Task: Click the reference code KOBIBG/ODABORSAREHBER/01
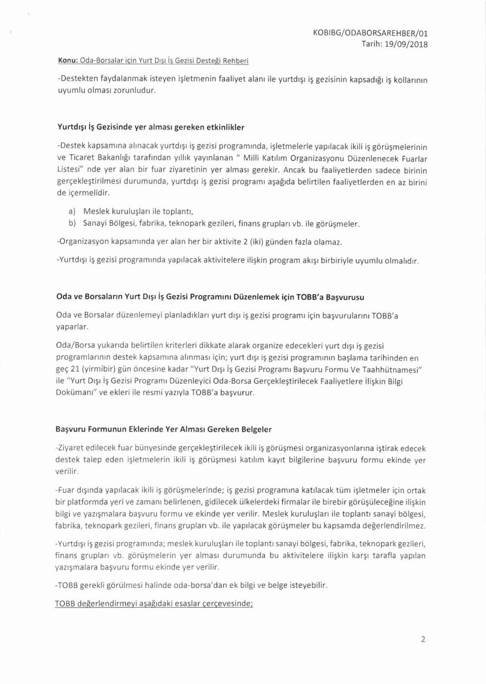pos(371,33)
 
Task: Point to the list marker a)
pos(72,212)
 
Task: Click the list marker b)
pos(72,223)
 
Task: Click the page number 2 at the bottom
pos(423,639)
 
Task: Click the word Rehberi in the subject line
pos(236,60)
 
